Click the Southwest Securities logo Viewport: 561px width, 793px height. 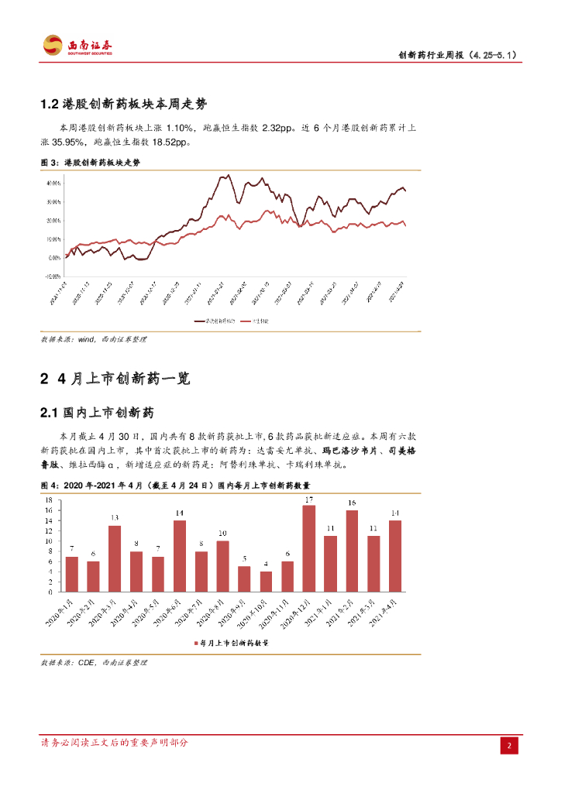pos(77,45)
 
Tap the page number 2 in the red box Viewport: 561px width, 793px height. pos(509,746)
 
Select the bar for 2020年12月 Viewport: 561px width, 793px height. pos(308,548)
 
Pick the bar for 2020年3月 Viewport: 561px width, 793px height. pos(115,558)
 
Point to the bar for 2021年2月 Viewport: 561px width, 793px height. pos(352,551)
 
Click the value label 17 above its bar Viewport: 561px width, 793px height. pos(308,499)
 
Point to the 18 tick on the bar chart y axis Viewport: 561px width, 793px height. pos(49,501)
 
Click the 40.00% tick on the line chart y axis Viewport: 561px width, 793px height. pos(53,184)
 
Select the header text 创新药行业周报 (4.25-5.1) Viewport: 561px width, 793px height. pos(457,55)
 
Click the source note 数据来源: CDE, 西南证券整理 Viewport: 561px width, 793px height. pos(94,663)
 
